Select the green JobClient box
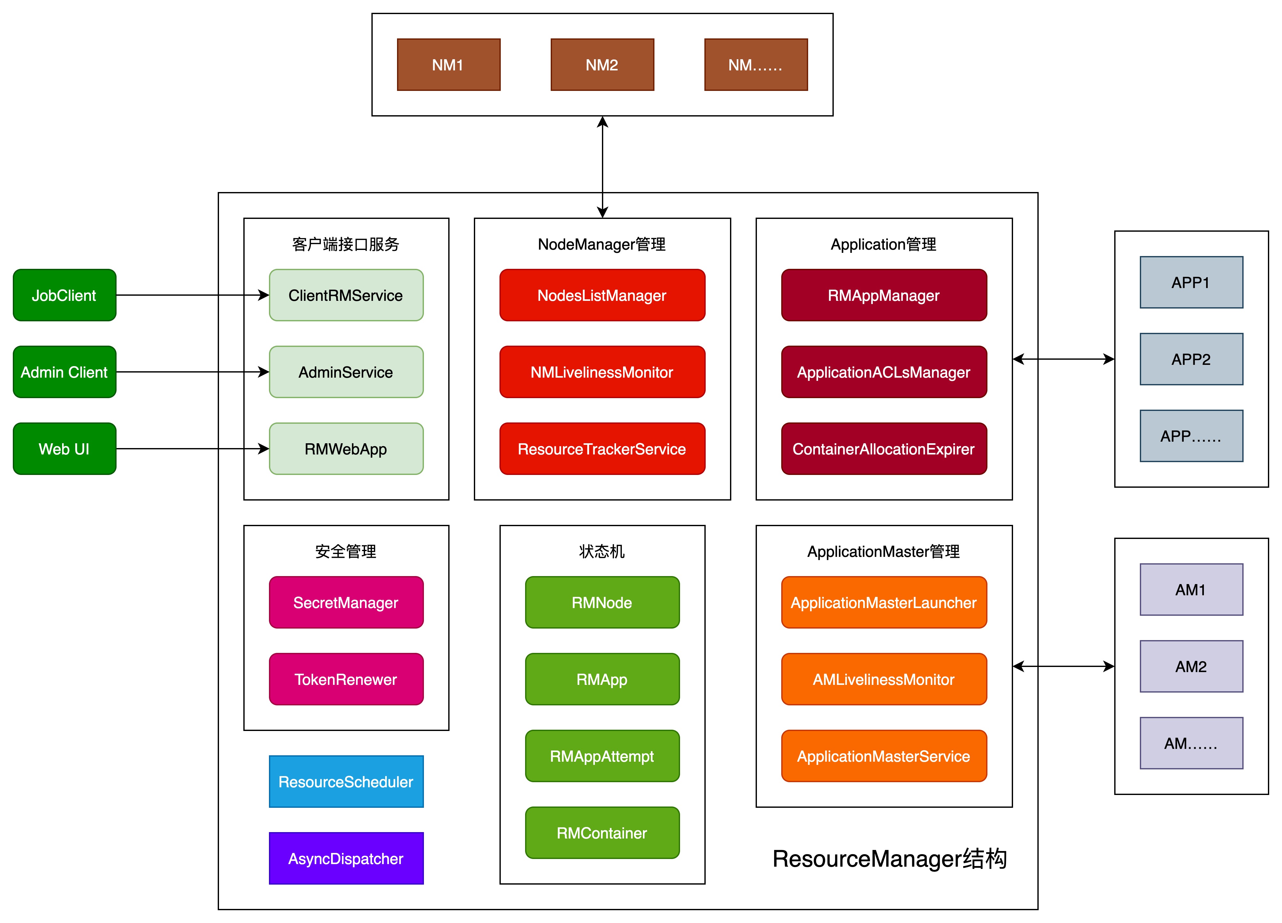pyautogui.click(x=64, y=295)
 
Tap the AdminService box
pyautogui.click(x=346, y=372)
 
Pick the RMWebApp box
pyautogui.click(x=346, y=448)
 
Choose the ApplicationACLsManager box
pyautogui.click(x=884, y=372)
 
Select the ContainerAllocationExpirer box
pyautogui.click(x=884, y=448)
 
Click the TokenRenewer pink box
pyautogui.click(x=346, y=679)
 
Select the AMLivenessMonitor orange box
pyautogui.click(x=884, y=679)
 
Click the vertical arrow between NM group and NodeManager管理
pyautogui.click(x=603, y=167)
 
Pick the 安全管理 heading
pyautogui.click(x=346, y=551)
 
